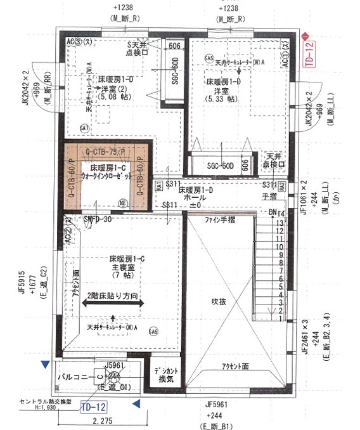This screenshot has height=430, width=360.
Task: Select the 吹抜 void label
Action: point(219,302)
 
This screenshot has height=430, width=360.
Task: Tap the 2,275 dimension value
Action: point(102,420)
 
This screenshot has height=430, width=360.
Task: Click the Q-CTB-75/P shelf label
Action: point(105,153)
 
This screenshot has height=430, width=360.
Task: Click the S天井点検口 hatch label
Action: point(138,49)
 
